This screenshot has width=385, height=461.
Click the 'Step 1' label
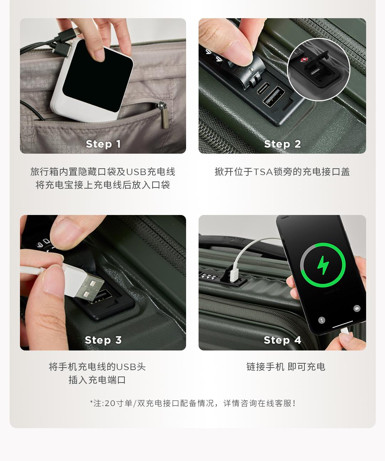point(103,144)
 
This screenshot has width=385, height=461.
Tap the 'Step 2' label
point(282,144)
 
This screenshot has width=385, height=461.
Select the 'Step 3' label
point(103,340)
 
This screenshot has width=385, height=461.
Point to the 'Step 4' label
point(282,340)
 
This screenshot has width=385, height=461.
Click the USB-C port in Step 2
point(263,88)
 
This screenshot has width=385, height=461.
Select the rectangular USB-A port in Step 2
point(274,97)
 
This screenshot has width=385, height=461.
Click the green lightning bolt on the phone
point(323,265)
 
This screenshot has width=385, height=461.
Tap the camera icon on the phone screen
point(357,308)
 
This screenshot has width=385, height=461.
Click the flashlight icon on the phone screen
point(322,320)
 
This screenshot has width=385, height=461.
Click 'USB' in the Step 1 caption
point(137,172)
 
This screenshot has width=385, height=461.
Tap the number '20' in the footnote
point(110,403)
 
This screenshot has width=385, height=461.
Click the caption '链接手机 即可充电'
point(286,367)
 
